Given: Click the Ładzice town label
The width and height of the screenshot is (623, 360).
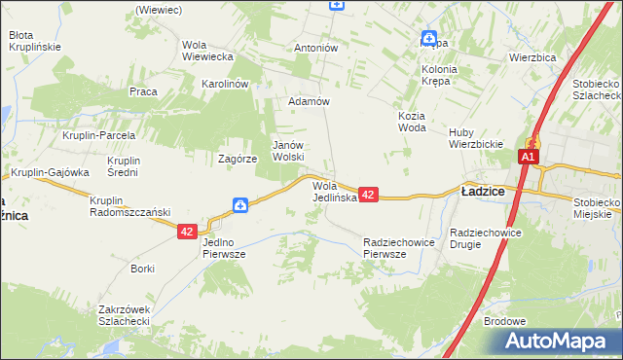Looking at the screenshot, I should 482,192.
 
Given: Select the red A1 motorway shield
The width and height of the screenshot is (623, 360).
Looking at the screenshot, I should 529,158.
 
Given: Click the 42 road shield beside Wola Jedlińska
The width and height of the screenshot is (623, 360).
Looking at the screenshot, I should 368,196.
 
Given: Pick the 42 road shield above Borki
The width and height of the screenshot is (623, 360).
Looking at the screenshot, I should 188,232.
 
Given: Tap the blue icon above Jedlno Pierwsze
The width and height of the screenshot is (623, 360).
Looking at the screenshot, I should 240,205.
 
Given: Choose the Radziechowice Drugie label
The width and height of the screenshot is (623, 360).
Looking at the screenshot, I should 487,238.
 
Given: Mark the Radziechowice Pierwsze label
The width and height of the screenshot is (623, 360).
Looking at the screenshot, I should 397,247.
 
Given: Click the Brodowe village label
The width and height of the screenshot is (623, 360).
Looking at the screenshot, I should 504,321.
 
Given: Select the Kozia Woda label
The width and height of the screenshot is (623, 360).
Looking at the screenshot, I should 412,121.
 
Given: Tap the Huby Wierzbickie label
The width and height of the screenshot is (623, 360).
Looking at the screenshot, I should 474,138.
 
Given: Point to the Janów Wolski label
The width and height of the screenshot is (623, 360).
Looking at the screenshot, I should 288,150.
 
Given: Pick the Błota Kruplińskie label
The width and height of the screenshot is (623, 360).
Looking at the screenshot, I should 35,40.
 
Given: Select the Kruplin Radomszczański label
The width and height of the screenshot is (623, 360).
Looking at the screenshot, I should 129,206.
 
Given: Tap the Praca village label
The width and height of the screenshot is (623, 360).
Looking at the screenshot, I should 143,91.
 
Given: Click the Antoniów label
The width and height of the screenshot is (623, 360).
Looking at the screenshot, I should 315,47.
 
